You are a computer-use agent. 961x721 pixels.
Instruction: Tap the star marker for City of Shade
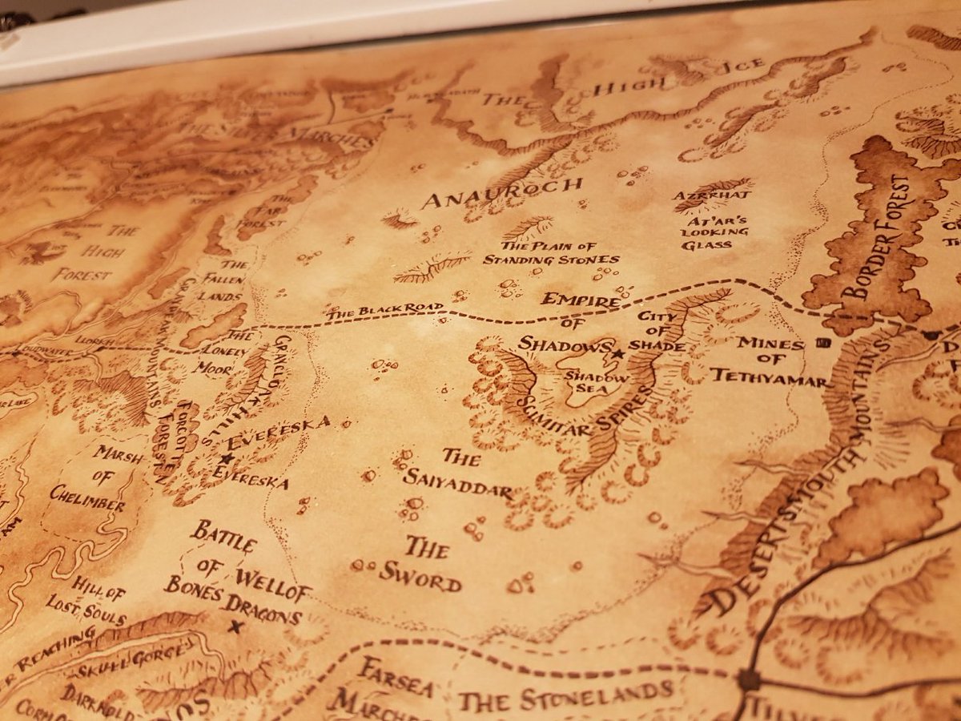(x=618, y=353)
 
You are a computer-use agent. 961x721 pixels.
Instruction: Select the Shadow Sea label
(x=588, y=382)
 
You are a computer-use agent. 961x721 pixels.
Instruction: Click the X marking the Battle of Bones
(x=235, y=627)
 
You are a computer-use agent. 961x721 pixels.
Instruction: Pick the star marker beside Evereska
(x=227, y=458)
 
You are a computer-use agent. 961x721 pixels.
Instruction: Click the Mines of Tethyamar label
(x=768, y=359)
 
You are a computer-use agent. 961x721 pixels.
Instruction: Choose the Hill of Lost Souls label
(x=97, y=604)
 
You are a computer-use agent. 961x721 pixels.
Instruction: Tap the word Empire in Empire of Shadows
(x=581, y=300)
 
